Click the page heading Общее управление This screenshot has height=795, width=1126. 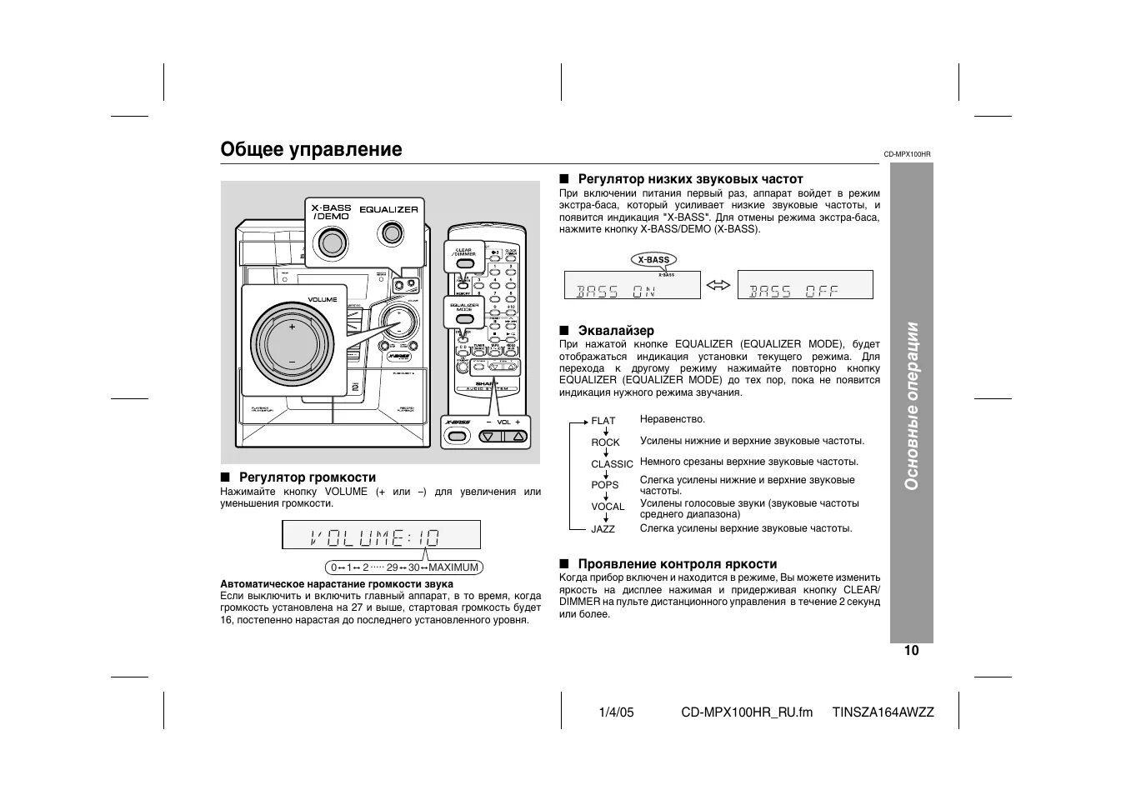click(x=311, y=149)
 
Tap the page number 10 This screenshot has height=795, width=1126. click(x=911, y=651)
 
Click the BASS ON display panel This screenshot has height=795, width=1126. click(x=632, y=285)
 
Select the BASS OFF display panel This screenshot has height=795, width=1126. click(x=805, y=285)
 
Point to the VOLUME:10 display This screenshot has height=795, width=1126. click(x=382, y=536)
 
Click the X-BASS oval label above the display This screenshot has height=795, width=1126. click(x=654, y=259)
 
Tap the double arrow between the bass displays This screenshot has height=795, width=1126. click(x=718, y=286)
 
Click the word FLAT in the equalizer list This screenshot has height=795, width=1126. click(x=603, y=421)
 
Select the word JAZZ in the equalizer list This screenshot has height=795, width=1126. click(x=603, y=528)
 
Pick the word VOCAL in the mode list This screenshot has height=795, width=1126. click(x=608, y=507)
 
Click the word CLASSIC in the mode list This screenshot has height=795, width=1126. click(x=612, y=464)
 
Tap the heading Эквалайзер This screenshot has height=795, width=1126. click(x=616, y=331)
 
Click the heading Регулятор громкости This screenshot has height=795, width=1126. click(x=308, y=477)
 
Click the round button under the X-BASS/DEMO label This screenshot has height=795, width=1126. click(x=332, y=242)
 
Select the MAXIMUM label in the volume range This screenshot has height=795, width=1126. click(x=453, y=567)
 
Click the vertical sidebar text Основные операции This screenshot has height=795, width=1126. click(x=912, y=406)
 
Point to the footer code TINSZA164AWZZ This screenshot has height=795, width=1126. click(x=883, y=712)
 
